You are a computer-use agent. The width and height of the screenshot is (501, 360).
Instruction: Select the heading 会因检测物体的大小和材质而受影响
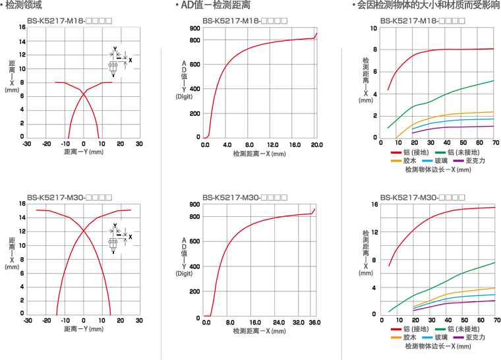click(x=428, y=5)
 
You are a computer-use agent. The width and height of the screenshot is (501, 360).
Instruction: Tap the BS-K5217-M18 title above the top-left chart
click(x=70, y=20)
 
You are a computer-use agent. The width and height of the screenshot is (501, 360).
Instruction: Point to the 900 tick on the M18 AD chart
click(x=194, y=28)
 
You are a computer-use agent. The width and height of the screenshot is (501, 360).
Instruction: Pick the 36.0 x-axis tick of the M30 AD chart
click(x=314, y=322)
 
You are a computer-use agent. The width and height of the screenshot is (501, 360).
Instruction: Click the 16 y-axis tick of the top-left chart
click(x=22, y=28)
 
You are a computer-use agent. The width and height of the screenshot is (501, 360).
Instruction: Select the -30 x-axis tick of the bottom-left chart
click(x=27, y=320)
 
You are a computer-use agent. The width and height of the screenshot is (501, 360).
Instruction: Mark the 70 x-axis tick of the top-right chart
click(x=494, y=143)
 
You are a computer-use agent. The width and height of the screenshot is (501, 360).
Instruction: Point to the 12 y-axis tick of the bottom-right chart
click(x=374, y=232)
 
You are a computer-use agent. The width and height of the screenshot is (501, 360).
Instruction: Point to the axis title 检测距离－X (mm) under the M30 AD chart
click(x=259, y=331)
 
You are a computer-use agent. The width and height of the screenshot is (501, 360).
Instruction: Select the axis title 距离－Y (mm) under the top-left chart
click(x=84, y=152)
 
